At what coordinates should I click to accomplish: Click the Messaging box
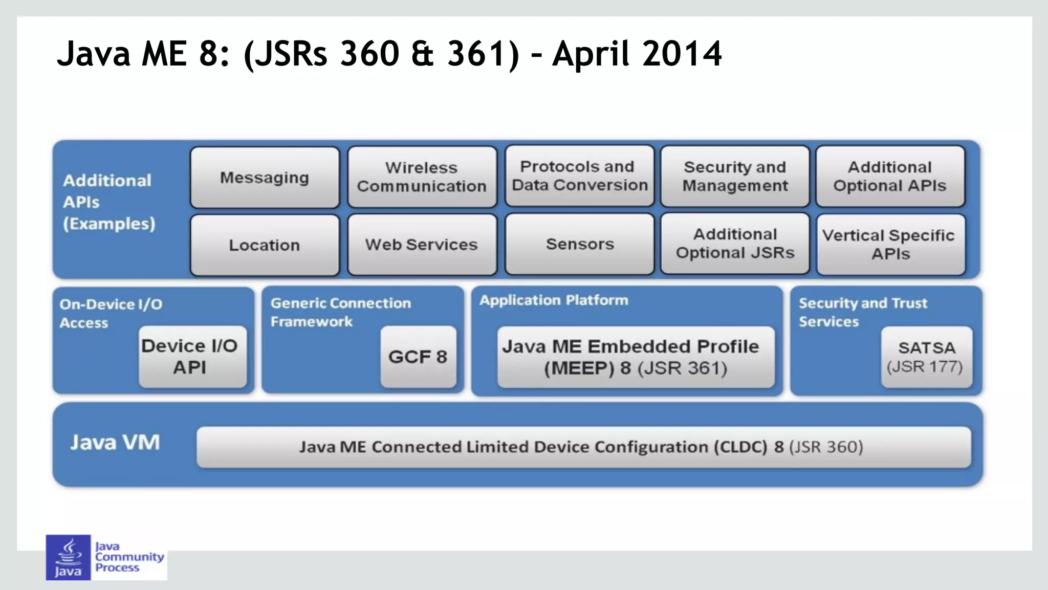click(x=265, y=178)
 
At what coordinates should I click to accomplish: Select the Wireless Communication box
click(x=422, y=177)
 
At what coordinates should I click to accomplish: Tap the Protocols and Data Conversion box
click(x=579, y=176)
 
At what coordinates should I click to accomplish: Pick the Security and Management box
click(x=735, y=177)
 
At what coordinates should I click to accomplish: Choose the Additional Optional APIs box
click(x=890, y=177)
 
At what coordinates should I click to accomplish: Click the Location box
click(x=265, y=245)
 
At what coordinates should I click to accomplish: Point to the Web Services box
click(x=422, y=245)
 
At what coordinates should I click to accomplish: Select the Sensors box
click(x=579, y=244)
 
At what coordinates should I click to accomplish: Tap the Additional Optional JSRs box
click(x=735, y=244)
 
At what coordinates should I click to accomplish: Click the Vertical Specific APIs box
click(x=890, y=245)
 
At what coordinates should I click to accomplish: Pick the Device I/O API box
click(x=192, y=357)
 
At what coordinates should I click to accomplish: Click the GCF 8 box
click(x=418, y=357)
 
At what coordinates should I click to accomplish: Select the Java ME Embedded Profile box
click(x=636, y=357)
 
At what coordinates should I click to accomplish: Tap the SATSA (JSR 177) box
click(x=926, y=357)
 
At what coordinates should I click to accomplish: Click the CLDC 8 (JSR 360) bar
click(x=583, y=447)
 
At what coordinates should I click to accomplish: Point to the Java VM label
click(x=115, y=443)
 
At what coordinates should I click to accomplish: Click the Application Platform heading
click(x=554, y=300)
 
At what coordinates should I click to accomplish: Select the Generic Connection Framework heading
click(x=340, y=312)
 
